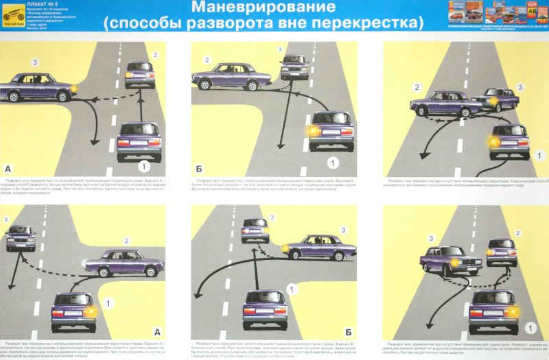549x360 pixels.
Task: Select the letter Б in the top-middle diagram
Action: coord(199,167)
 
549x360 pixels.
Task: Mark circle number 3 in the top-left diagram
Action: coord(34,63)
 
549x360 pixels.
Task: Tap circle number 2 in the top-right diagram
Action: coord(416,87)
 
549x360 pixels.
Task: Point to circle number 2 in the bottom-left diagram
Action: coord(126,240)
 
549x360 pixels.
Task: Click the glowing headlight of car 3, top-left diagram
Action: coord(74,89)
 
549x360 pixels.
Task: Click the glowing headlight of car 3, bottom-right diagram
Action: coord(454,263)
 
